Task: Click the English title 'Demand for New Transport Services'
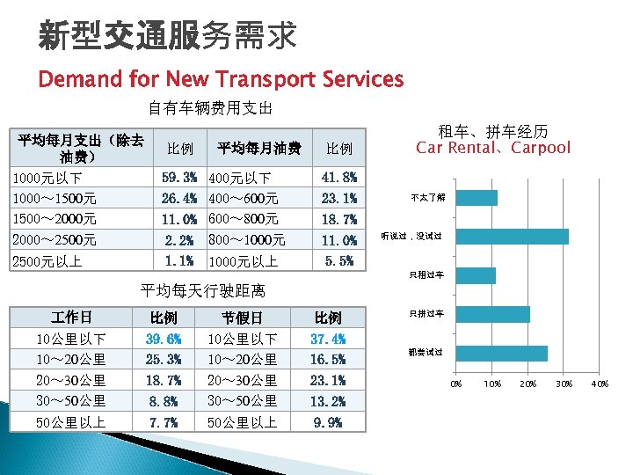[x=221, y=80]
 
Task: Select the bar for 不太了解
[x=477, y=198]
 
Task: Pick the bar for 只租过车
[x=476, y=275]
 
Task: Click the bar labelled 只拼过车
[x=492, y=314]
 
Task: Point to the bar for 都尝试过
[x=501, y=353]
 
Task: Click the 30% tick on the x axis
[x=564, y=384]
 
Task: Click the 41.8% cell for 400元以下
[x=339, y=177]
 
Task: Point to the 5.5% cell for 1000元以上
[x=339, y=261]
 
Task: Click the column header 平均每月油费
[x=259, y=148]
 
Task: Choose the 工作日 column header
[x=71, y=317]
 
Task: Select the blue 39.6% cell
[x=164, y=339]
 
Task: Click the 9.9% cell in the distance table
[x=328, y=422]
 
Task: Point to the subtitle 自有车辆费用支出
[x=210, y=109]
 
